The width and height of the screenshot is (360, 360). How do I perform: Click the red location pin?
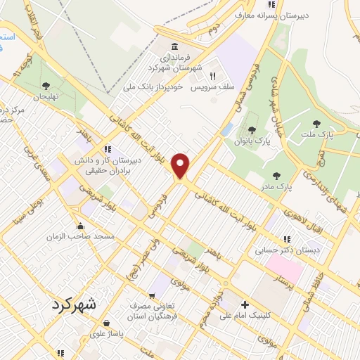click(181, 166)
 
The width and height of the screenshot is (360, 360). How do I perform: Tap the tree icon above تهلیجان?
click(46, 85)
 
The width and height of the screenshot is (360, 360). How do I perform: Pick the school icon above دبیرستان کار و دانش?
click(108, 148)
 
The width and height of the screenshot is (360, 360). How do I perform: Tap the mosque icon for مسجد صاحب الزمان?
click(82, 226)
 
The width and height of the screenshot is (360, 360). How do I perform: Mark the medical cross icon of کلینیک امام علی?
click(245, 305)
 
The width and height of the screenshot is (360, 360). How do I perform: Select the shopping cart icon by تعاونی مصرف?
click(151, 296)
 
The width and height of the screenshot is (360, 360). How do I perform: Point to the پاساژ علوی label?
click(107, 334)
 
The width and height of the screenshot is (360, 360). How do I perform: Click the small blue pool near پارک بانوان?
click(226, 129)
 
